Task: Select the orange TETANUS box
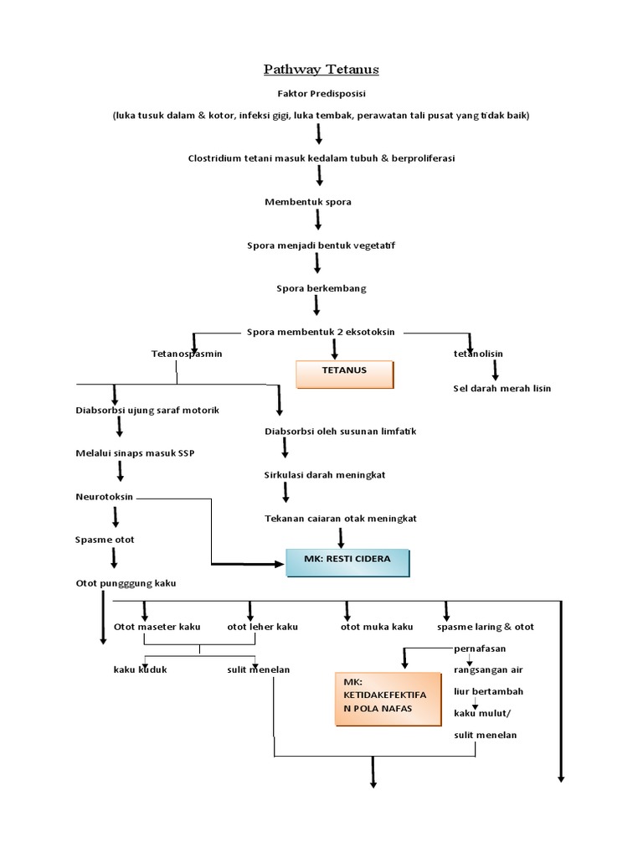(344, 374)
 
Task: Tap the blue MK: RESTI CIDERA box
(347, 562)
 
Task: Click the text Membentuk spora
(308, 202)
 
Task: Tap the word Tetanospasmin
(187, 354)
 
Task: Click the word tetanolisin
(478, 354)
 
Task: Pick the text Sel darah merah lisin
(502, 389)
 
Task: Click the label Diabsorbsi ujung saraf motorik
(147, 410)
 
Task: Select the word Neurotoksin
(105, 497)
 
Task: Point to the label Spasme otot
(105, 540)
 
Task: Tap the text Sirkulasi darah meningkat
(324, 475)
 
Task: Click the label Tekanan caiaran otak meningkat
(340, 519)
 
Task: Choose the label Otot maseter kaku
(157, 627)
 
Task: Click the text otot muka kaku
(377, 627)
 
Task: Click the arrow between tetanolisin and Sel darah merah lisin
(495, 370)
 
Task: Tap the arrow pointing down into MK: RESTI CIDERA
(340, 537)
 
